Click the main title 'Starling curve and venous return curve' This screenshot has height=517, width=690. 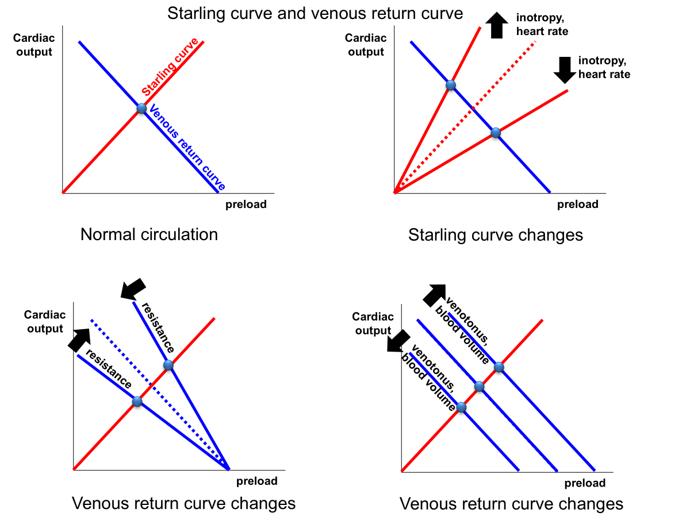pos(315,13)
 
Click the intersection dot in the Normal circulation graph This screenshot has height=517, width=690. pos(141,108)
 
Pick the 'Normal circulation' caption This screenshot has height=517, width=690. pos(149,234)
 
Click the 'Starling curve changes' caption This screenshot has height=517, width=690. pos(495,234)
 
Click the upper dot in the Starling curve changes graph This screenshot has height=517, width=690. pos(450,86)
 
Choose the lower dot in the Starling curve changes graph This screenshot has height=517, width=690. pos(496,133)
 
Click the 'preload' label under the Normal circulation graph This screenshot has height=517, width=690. pos(246,205)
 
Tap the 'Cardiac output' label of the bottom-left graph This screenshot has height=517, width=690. pos(45,322)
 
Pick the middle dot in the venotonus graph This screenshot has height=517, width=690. pos(480,386)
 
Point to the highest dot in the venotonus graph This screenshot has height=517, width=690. pos(499,367)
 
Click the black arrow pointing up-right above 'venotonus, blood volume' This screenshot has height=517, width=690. pos(435,295)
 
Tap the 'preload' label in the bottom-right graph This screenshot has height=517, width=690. pos(585,483)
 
